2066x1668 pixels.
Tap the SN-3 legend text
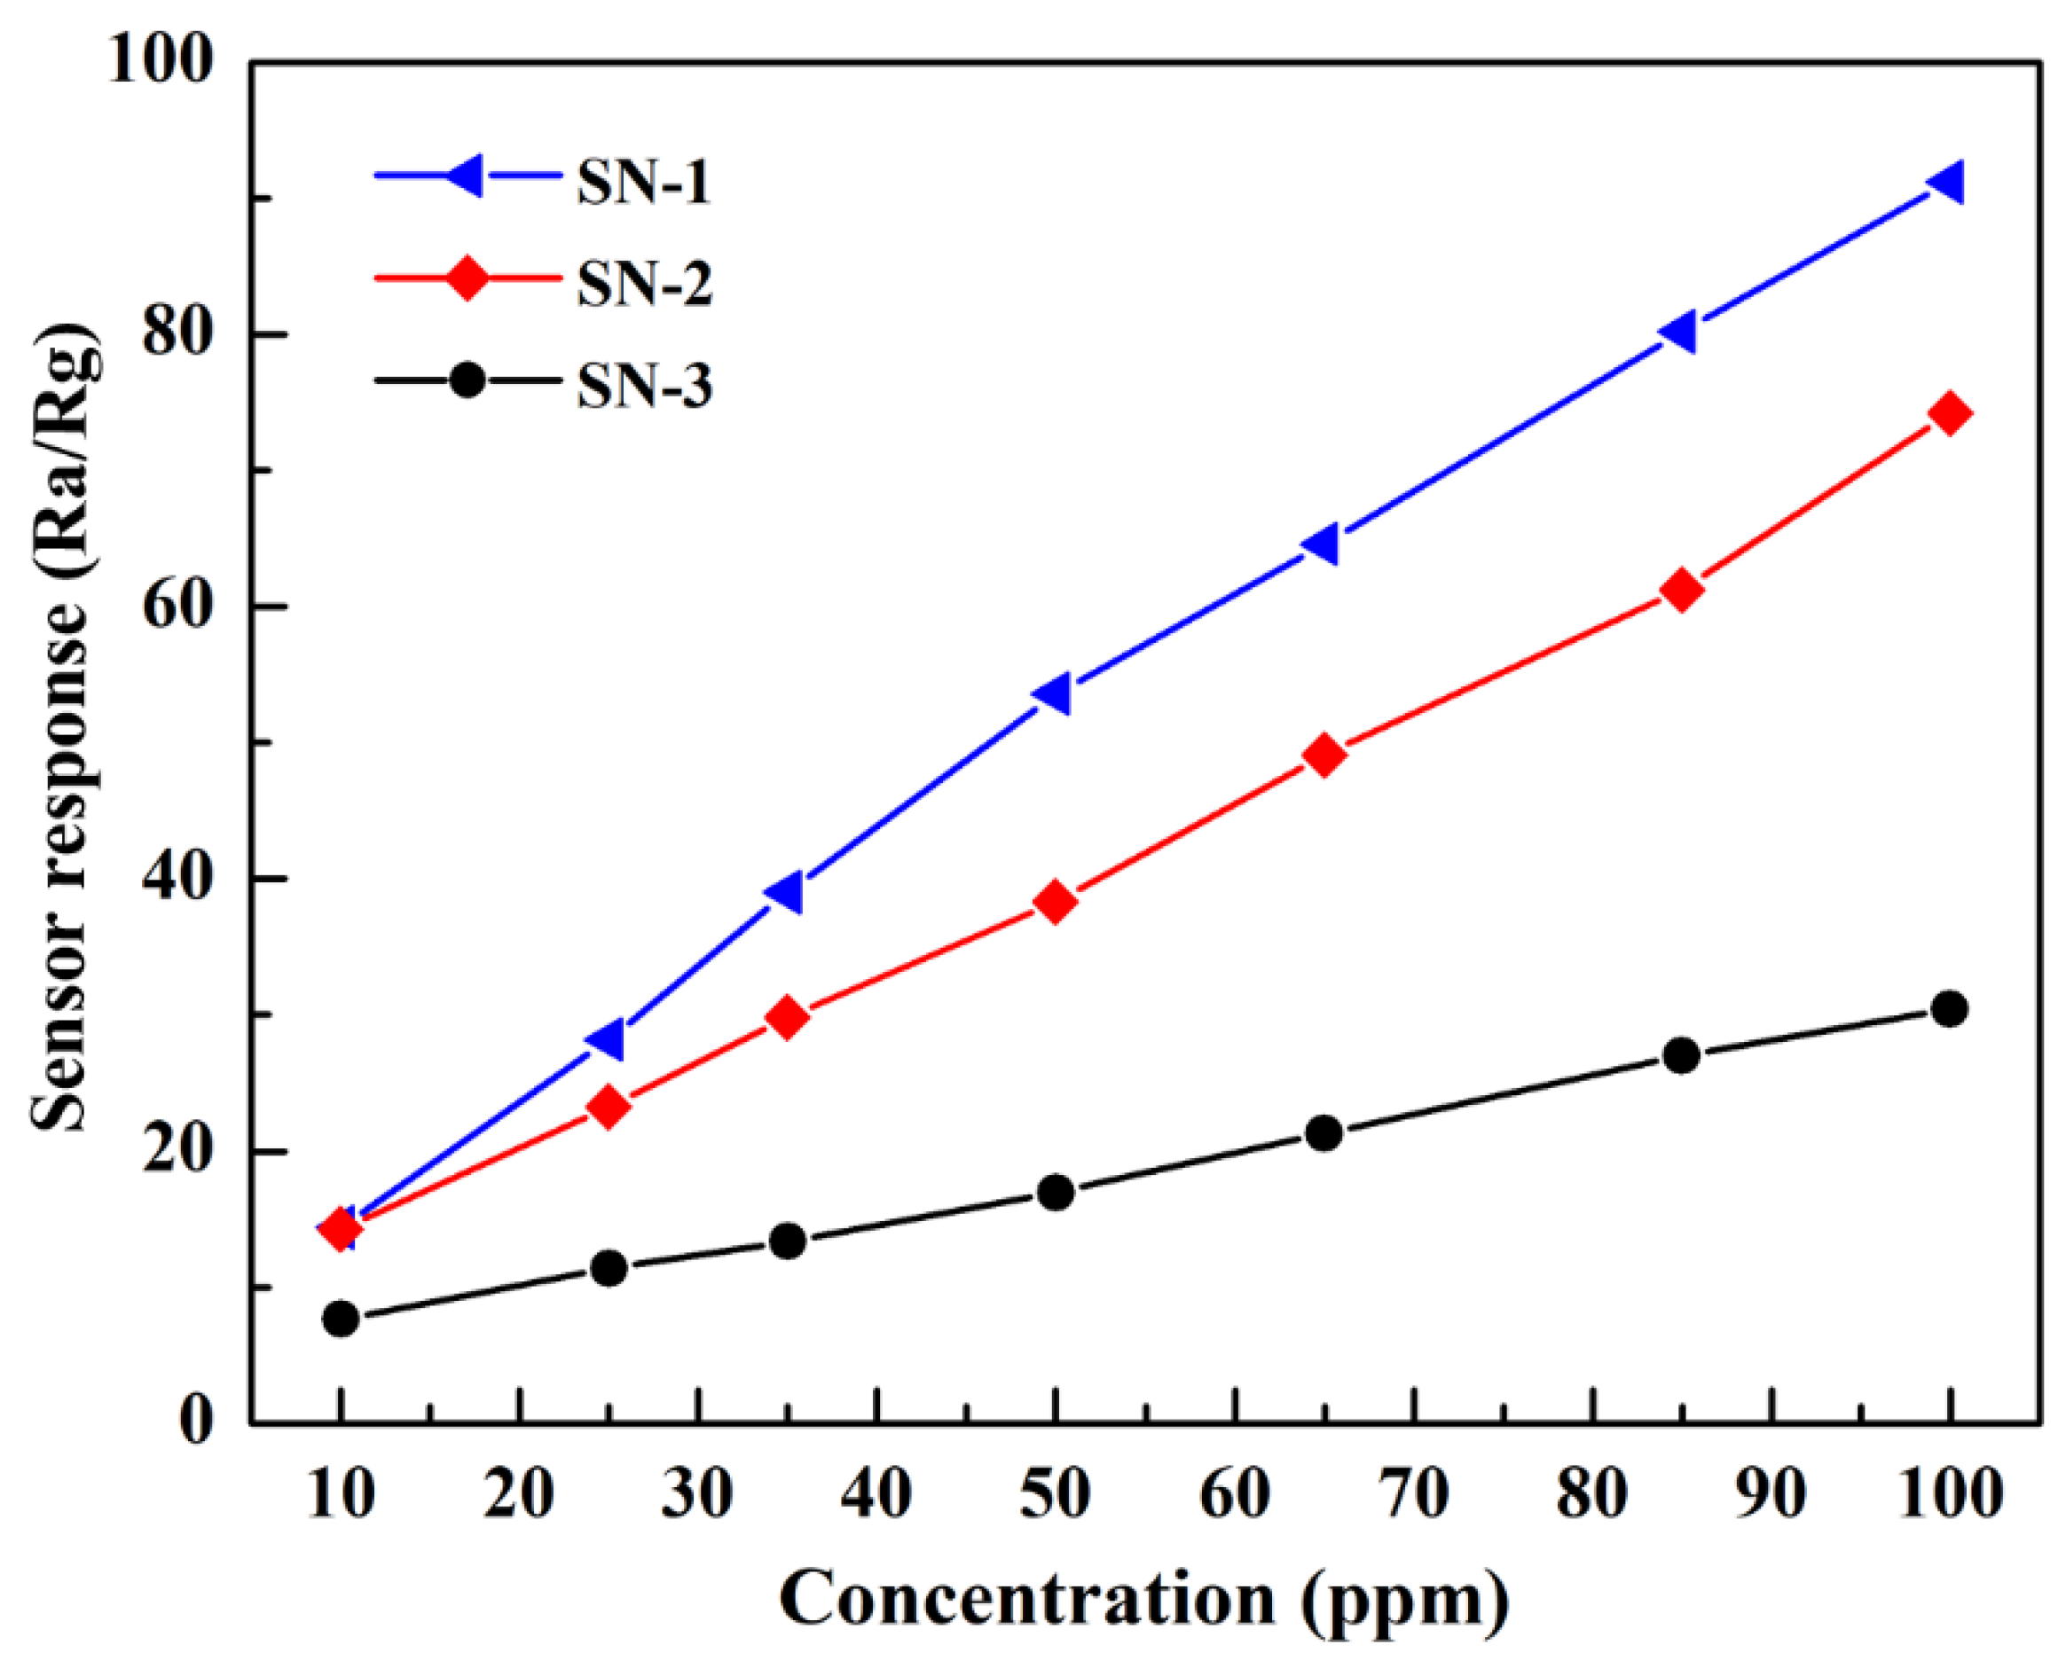tap(644, 387)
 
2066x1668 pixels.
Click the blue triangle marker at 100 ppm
tap(1946, 183)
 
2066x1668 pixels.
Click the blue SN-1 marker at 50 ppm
tap(1053, 693)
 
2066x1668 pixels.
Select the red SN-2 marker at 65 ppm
tap(1324, 756)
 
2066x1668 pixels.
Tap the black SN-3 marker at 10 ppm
tap(342, 1320)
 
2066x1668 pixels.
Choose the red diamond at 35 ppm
tap(788, 1017)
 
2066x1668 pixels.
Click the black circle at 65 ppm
tap(1324, 1134)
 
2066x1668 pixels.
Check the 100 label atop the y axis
tap(160, 60)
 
